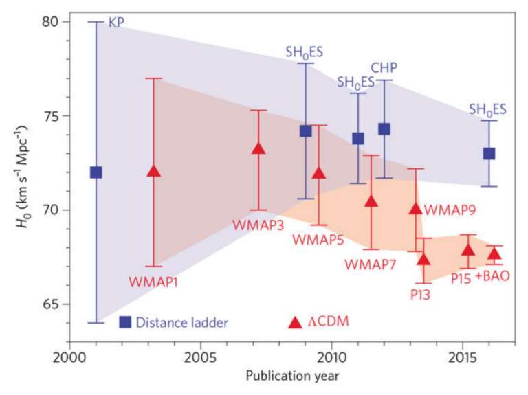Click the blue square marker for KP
pos(96,172)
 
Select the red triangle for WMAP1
pos(154,171)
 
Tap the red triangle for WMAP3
pos(258,148)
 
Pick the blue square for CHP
pos(384,129)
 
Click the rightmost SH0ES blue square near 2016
pos(489,153)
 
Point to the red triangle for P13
pos(423,259)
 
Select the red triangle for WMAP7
pos(371,201)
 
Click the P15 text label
pos(461,278)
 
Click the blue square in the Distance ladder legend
pos(125,321)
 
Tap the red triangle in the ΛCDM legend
pos(295,321)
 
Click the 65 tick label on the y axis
pos(59,304)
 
